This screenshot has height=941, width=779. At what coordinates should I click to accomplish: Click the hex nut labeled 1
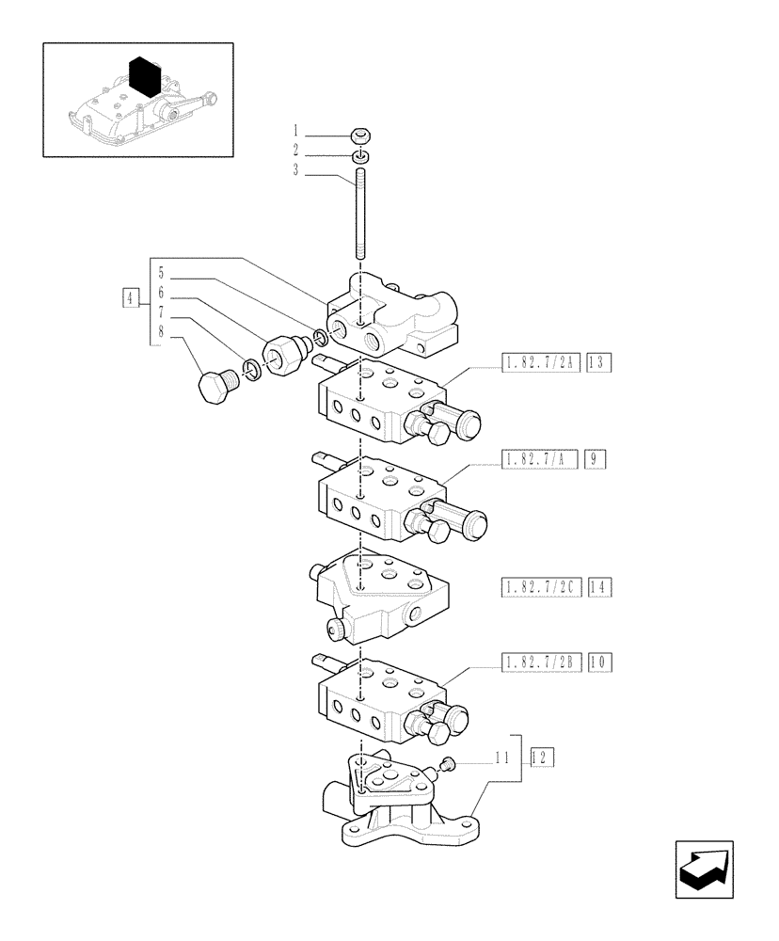point(361,134)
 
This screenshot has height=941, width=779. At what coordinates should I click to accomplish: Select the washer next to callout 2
point(361,155)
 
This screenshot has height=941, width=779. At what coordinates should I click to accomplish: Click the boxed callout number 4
point(130,300)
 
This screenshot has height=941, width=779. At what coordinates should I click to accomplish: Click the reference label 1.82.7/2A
point(540,361)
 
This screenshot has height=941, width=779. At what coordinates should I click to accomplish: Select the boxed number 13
point(598,361)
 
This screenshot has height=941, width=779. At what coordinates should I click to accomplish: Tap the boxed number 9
point(595,459)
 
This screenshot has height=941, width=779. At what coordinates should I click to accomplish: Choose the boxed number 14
point(598,588)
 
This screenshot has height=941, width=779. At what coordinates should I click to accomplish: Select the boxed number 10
point(598,663)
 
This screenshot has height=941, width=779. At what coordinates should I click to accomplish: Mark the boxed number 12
point(541,756)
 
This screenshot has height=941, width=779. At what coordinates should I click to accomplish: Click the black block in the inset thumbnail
point(142,75)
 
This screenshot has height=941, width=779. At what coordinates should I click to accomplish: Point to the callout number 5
point(161,274)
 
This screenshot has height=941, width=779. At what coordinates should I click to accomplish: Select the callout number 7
point(161,311)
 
